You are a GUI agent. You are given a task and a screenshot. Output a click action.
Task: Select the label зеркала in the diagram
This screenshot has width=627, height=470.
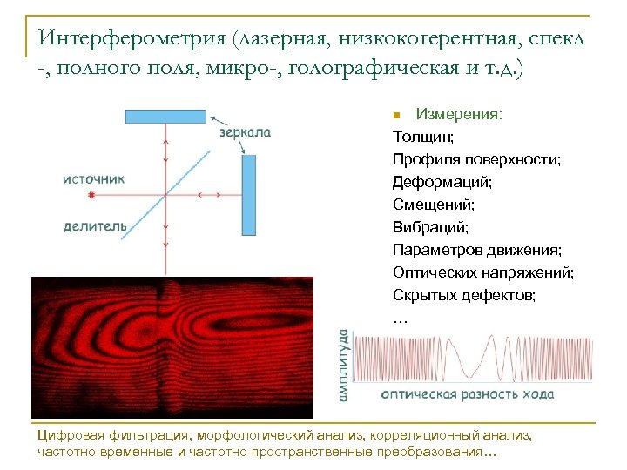pos(245,133)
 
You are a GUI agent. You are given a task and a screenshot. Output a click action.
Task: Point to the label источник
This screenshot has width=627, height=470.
pos(93,178)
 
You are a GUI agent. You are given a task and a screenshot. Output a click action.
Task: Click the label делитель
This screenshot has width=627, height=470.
pos(94,226)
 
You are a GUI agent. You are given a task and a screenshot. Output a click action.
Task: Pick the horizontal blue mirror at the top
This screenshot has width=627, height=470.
pos(165,116)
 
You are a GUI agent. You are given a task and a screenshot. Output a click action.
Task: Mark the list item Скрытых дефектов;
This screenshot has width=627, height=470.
pos(464,295)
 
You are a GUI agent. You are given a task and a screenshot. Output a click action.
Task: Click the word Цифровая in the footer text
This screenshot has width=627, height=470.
pos(70,434)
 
